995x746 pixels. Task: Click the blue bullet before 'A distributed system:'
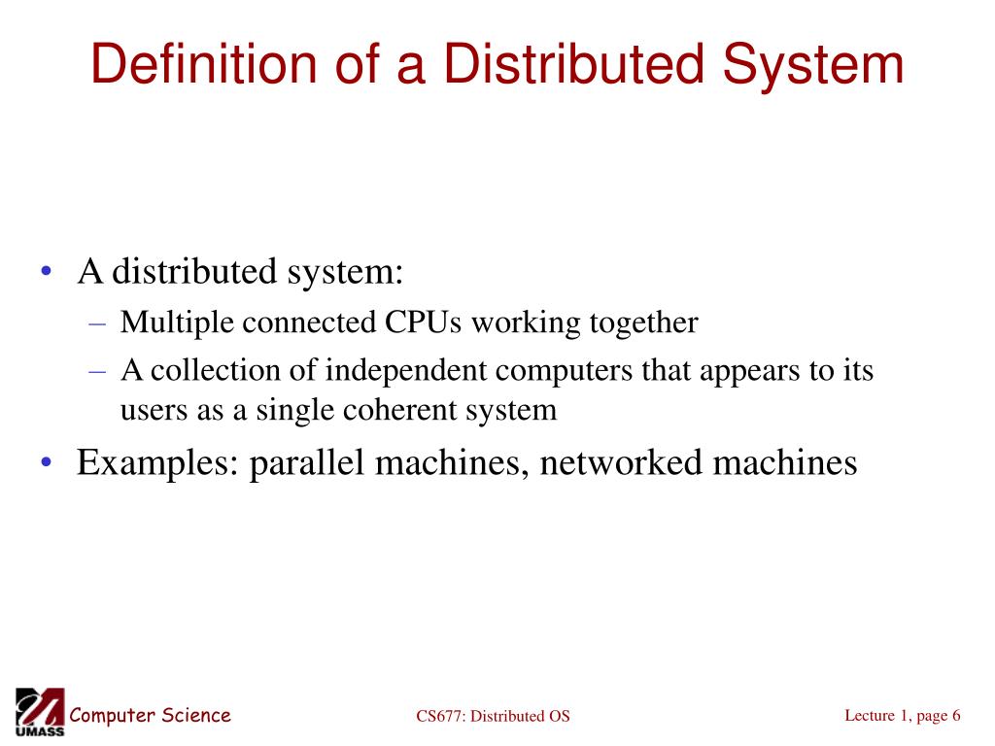(x=47, y=272)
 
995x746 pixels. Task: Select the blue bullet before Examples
(x=47, y=462)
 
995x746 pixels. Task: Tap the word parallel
(x=307, y=462)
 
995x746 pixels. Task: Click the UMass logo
(x=40, y=712)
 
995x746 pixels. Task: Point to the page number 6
(x=956, y=716)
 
